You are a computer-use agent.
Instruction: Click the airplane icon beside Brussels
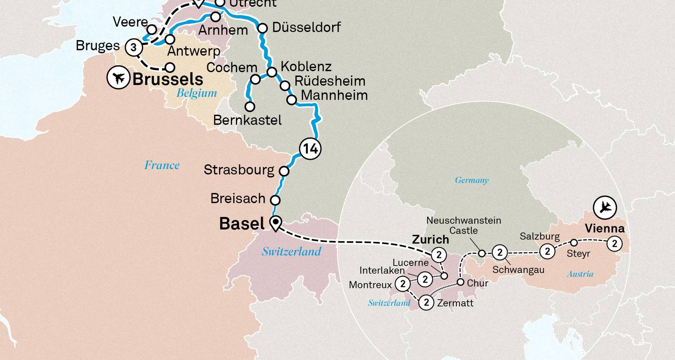pos(118,78)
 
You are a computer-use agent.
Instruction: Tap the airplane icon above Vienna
pos(605,207)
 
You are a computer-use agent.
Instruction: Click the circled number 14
pos(310,148)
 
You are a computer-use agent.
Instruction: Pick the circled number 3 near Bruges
pos(134,47)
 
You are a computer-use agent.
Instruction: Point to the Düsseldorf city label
pos(306,27)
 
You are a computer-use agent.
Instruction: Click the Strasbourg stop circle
pos(284,171)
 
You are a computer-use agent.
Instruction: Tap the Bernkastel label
pos(247,120)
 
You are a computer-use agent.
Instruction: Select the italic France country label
pos(162,165)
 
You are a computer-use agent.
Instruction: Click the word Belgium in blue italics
pos(197,93)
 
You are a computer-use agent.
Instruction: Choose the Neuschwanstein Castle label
pos(463,225)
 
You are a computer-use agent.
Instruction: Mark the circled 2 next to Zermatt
pos(427,302)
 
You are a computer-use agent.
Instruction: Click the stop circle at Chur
pos(460,282)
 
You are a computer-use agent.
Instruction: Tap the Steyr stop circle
pos(574,243)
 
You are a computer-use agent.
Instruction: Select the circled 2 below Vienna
pos(614,244)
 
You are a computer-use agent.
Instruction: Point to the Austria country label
pos(580,274)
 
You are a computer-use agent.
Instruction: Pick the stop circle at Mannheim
pos(292,99)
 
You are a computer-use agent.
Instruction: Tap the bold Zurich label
pos(431,239)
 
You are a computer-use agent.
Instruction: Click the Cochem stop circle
pos(255,79)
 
